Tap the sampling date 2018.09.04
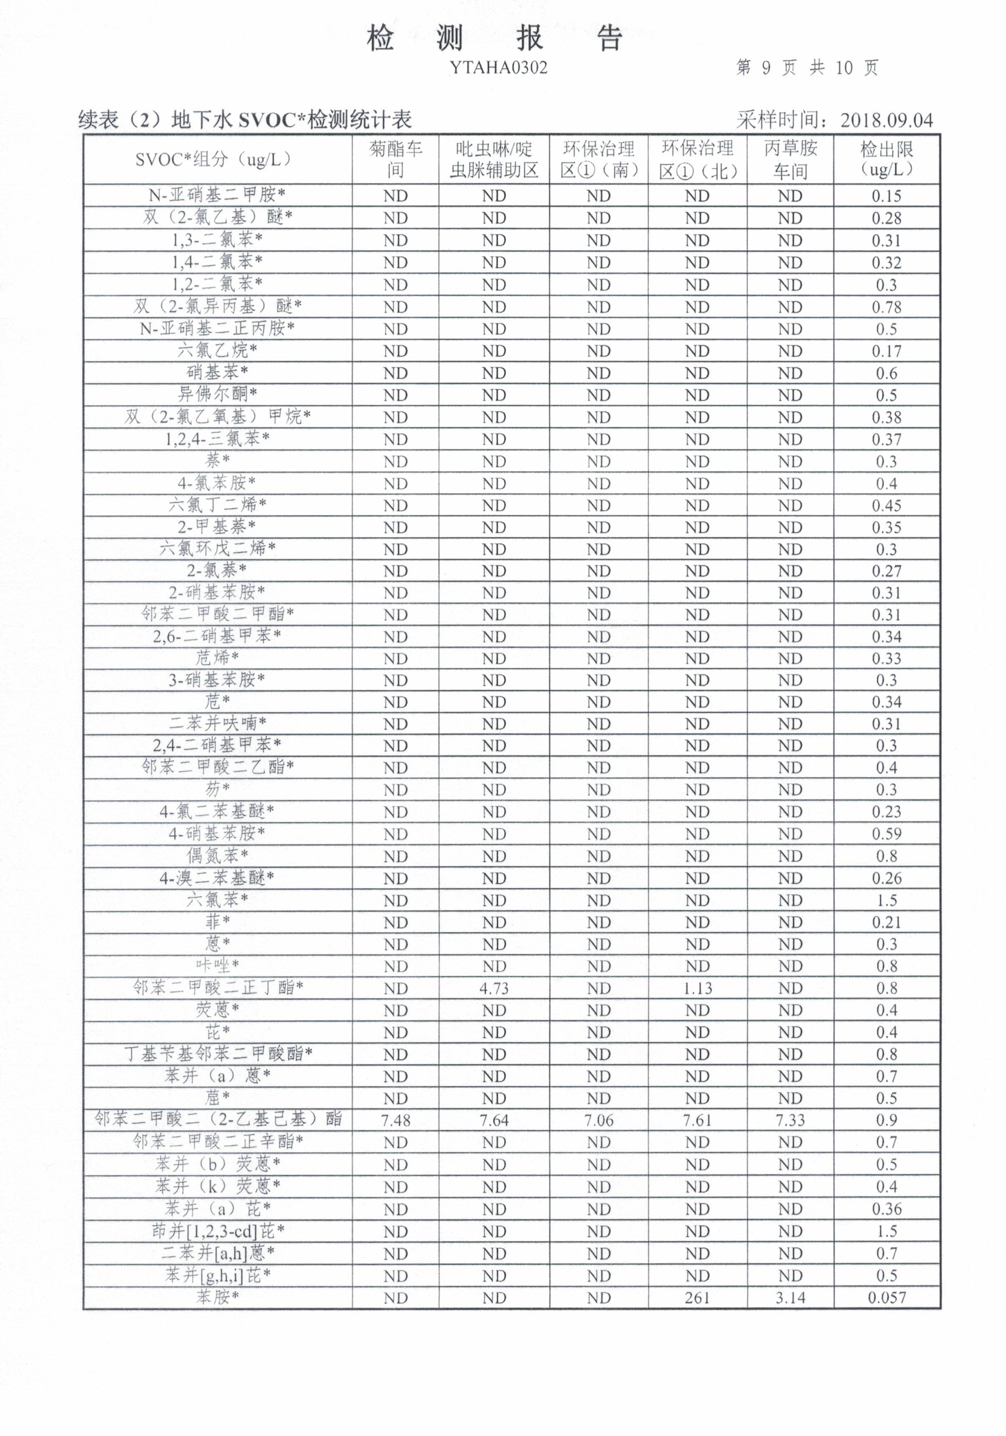886,119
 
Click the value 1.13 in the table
697,988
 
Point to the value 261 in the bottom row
697,1298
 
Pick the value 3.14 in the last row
790,1298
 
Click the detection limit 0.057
886,1298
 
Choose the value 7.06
598,1120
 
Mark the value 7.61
697,1120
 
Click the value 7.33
790,1120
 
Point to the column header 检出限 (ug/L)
886,159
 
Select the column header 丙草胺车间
790,159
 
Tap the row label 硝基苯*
217,373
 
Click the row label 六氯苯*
217,900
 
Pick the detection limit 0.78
886,307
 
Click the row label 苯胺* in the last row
217,1297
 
